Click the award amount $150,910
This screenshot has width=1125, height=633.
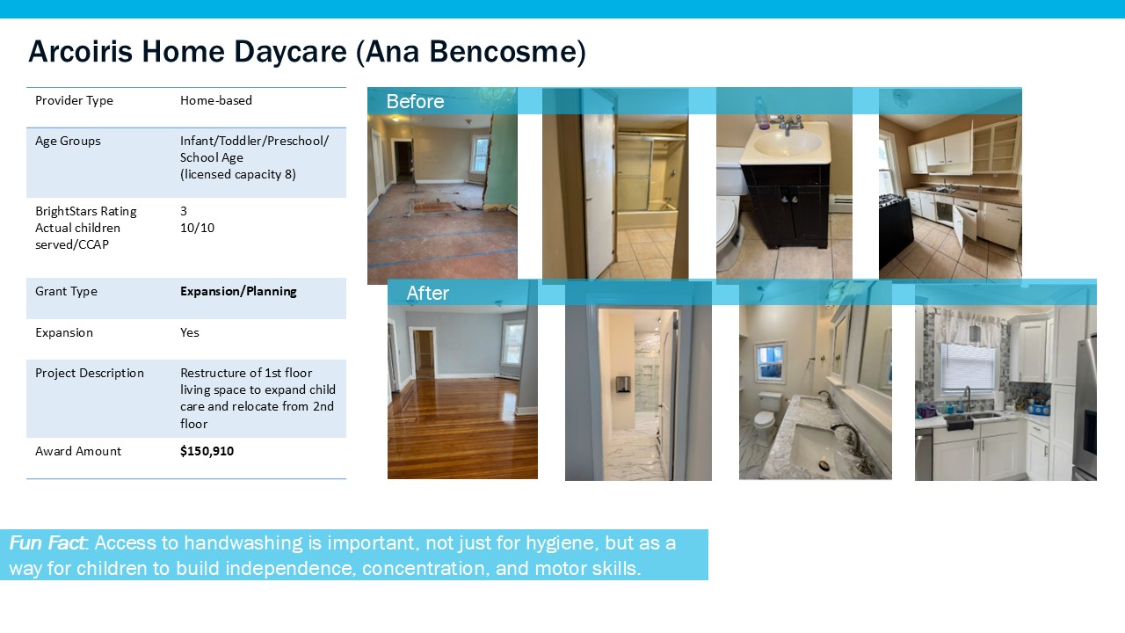pyautogui.click(x=207, y=451)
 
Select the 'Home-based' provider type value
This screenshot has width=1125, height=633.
pyautogui.click(x=216, y=100)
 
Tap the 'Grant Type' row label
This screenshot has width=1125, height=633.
pyautogui.click(x=66, y=291)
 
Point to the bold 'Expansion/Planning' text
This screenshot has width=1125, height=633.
pyautogui.click(x=238, y=291)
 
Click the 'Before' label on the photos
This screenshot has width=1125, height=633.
pyautogui.click(x=415, y=101)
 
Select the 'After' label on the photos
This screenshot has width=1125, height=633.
pyautogui.click(x=427, y=293)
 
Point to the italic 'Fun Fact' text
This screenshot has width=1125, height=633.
pyautogui.click(x=47, y=543)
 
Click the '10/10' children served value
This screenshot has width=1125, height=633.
pyautogui.click(x=198, y=228)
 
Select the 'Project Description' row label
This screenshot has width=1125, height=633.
pyautogui.click(x=90, y=374)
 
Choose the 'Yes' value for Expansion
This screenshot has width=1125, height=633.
pyautogui.click(x=189, y=332)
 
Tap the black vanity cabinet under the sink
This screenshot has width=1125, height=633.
pyautogui.click(x=785, y=205)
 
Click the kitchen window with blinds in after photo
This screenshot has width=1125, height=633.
pyautogui.click(x=968, y=367)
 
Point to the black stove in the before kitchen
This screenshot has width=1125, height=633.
pyautogui.click(x=895, y=231)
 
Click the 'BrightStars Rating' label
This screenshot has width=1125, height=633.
pyautogui.click(x=86, y=212)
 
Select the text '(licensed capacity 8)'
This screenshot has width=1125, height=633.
pyautogui.click(x=238, y=174)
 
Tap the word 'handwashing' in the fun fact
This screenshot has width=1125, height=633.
pyautogui.click(x=243, y=543)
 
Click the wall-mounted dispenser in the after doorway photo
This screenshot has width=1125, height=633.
pyautogui.click(x=623, y=384)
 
